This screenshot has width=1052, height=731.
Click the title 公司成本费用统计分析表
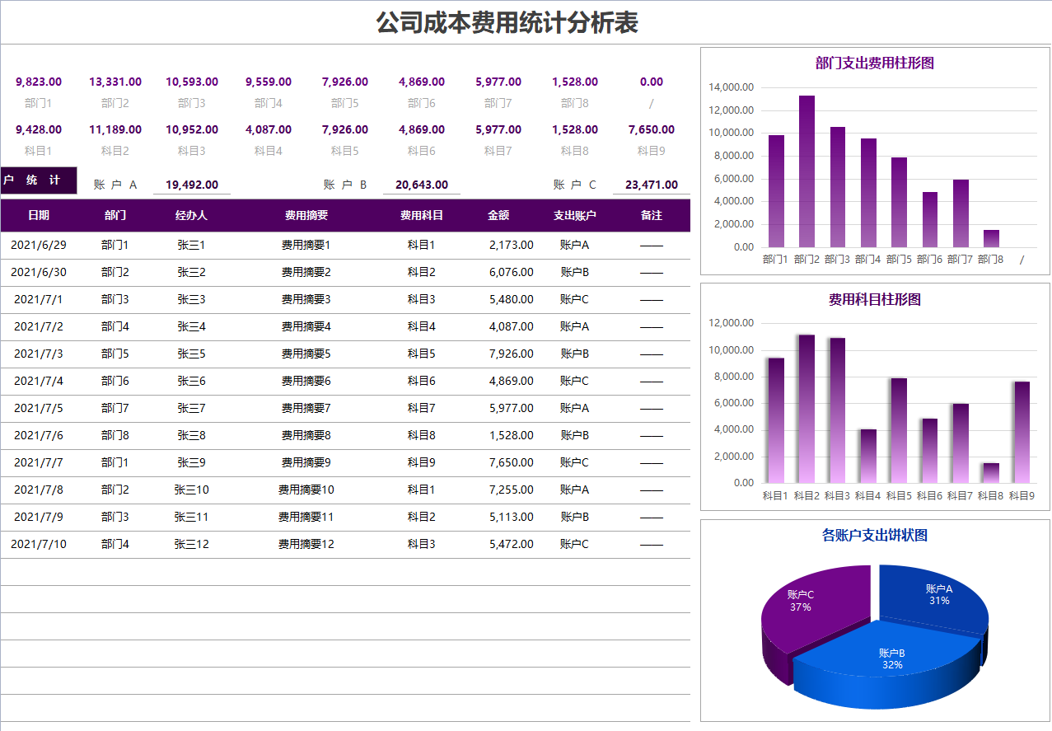[x=507, y=23]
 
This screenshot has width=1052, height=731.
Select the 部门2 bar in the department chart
[x=807, y=173]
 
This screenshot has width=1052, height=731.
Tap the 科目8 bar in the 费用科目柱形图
[x=990, y=473]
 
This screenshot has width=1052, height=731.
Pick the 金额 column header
[x=498, y=215]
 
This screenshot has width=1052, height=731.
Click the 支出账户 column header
[x=574, y=215]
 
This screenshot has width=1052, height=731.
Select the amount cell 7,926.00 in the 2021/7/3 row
[x=511, y=354]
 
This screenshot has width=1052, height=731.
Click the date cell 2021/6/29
[x=39, y=245]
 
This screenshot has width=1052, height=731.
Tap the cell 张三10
[x=191, y=490]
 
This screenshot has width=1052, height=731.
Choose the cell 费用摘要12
[x=306, y=544]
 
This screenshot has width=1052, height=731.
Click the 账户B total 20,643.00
[x=422, y=185]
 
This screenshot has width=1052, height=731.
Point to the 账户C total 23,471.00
[x=652, y=185]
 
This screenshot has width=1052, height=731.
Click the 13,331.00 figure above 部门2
[x=115, y=82]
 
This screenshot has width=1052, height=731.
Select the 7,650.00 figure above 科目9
[x=651, y=129]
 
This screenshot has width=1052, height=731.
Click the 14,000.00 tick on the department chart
[x=732, y=87]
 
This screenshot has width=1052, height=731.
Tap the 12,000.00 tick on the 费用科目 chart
[x=732, y=324]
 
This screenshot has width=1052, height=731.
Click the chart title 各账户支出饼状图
[x=875, y=536]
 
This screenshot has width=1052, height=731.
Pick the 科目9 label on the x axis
[x=1022, y=495]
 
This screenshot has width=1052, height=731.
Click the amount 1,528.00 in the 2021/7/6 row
[x=511, y=435]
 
